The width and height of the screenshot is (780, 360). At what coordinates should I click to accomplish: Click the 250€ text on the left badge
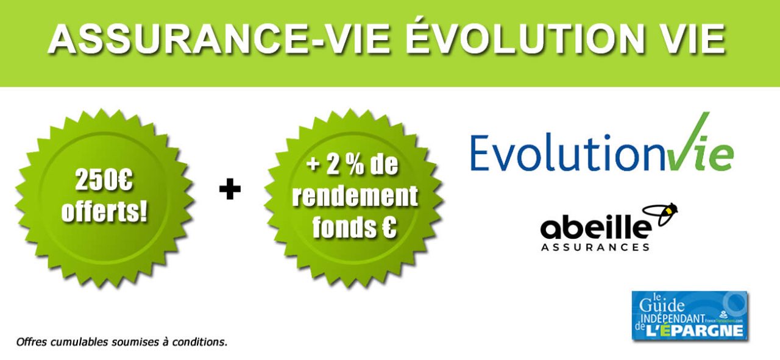pos(104,180)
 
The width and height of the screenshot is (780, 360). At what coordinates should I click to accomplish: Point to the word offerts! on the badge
pos(104,213)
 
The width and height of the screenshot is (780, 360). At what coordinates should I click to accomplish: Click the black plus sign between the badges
pos(230,191)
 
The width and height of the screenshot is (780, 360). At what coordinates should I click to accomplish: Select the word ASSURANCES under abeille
pos(595,247)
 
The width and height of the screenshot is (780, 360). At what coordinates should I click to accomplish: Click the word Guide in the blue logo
pos(666,306)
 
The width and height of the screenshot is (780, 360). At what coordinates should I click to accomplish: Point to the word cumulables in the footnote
pos(79,342)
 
